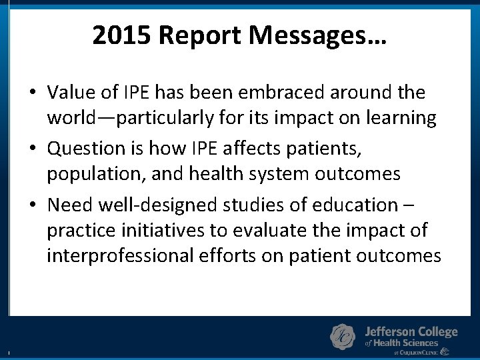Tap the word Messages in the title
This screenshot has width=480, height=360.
(x=313, y=35)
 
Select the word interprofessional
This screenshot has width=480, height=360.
(x=121, y=256)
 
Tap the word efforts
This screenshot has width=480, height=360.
(x=229, y=256)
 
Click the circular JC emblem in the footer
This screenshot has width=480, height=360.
(x=343, y=336)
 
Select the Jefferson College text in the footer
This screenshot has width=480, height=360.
(x=411, y=332)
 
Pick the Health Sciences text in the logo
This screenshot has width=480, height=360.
(x=407, y=343)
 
